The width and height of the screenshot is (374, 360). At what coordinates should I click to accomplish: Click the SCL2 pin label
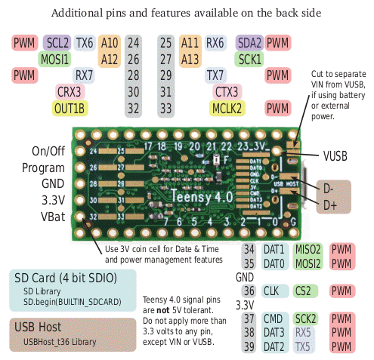pos(57,42)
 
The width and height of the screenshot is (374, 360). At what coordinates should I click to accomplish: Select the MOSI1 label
pos(54,58)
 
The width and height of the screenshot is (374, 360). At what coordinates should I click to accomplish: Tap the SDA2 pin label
pos(249,42)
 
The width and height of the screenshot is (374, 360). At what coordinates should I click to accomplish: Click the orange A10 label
pos(110,42)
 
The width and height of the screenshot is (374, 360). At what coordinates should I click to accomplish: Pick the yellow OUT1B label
pos(70,108)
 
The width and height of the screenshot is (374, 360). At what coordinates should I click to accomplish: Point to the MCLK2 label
pos(227,108)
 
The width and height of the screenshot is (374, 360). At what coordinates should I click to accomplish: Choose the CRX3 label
pos(70,91)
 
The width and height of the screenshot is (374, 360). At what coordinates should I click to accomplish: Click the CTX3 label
pos(227,91)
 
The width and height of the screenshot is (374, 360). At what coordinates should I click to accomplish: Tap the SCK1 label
pos(250,58)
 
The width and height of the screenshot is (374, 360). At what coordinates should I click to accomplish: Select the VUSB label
pos(335,155)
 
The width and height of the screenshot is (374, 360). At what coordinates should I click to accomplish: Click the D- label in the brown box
pos(328,188)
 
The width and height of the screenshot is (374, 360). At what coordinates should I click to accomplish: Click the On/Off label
pos(48,150)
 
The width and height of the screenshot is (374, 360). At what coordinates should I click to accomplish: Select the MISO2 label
pos(308,249)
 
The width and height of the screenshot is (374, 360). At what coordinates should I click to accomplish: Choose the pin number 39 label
pos(249,346)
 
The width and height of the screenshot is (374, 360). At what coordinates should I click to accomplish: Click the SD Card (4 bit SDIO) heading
pos(66,278)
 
